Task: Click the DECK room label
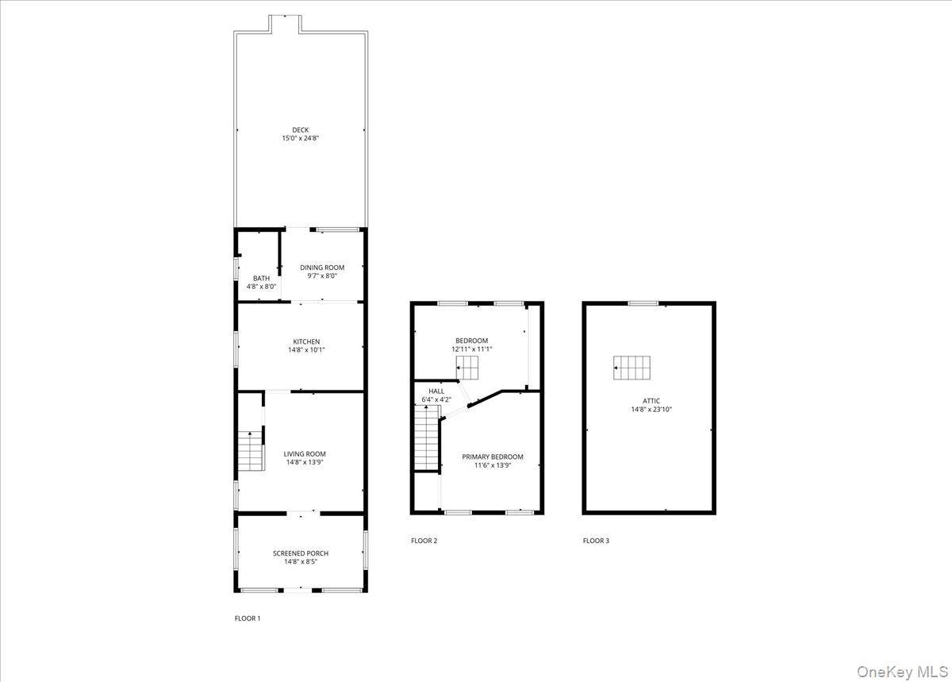(x=300, y=129)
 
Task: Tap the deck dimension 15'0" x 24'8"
(x=300, y=138)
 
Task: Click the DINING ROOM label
(x=322, y=268)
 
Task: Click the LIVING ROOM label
(x=305, y=454)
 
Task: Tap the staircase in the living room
(x=251, y=451)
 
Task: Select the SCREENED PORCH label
(x=300, y=553)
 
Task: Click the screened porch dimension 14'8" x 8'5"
(x=300, y=562)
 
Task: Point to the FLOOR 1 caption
(x=247, y=618)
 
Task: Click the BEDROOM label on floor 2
(x=471, y=340)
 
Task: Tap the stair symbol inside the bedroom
(x=467, y=368)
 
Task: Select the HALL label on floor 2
(x=436, y=391)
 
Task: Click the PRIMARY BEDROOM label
(x=493, y=457)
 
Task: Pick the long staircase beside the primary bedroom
(x=427, y=438)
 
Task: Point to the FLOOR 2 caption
(x=424, y=541)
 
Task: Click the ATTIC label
(x=652, y=401)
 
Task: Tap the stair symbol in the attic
(x=632, y=368)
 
